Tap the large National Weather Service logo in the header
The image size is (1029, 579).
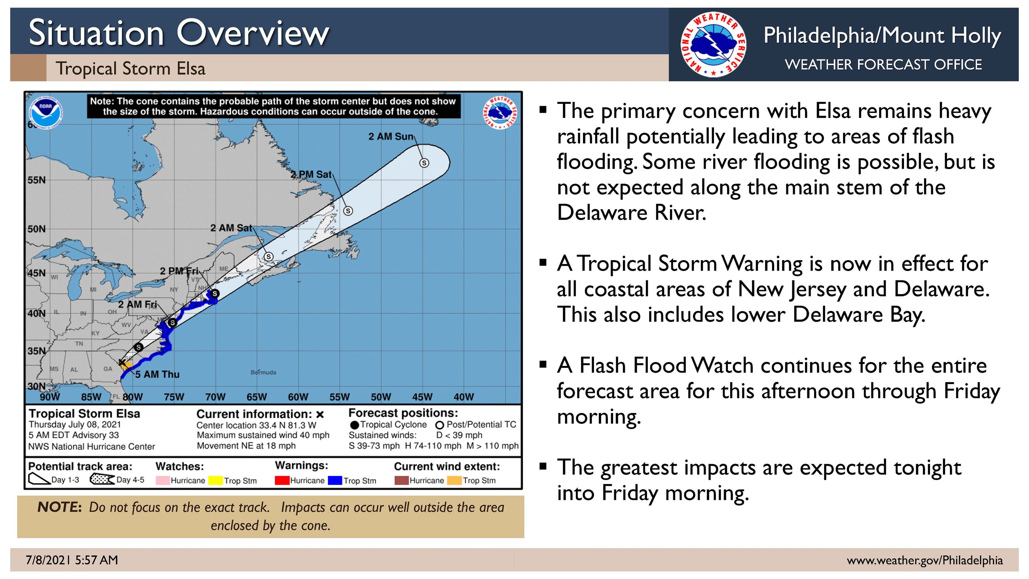pyautogui.click(x=714, y=44)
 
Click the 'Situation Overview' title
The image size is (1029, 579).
pyautogui.click(x=179, y=33)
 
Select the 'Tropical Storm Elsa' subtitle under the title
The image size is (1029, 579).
pyautogui.click(x=131, y=69)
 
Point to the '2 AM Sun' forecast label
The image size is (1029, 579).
pyautogui.click(x=391, y=137)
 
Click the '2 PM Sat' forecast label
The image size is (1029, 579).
pyautogui.click(x=311, y=175)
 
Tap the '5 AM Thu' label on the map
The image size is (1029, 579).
pyautogui.click(x=158, y=374)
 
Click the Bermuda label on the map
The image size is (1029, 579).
pyautogui.click(x=263, y=372)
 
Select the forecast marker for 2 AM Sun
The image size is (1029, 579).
pyautogui.click(x=424, y=163)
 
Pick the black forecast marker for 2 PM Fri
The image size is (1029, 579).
pyautogui.click(x=215, y=294)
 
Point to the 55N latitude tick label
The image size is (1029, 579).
pyautogui.click(x=36, y=180)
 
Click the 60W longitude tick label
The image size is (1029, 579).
pyautogui.click(x=298, y=397)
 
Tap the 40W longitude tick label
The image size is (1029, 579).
pyautogui.click(x=464, y=397)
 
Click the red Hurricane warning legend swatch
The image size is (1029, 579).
pyautogui.click(x=282, y=480)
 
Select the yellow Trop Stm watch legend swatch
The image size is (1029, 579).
pyautogui.click(x=215, y=480)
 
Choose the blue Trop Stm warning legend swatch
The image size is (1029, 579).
pyautogui.click(x=335, y=480)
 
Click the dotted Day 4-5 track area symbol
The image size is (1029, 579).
pyautogui.click(x=102, y=479)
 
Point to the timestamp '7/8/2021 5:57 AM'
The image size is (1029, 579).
pyautogui.click(x=72, y=560)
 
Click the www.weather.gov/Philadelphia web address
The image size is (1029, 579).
pyautogui.click(x=925, y=561)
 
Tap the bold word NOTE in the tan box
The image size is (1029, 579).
pyautogui.click(x=60, y=507)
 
